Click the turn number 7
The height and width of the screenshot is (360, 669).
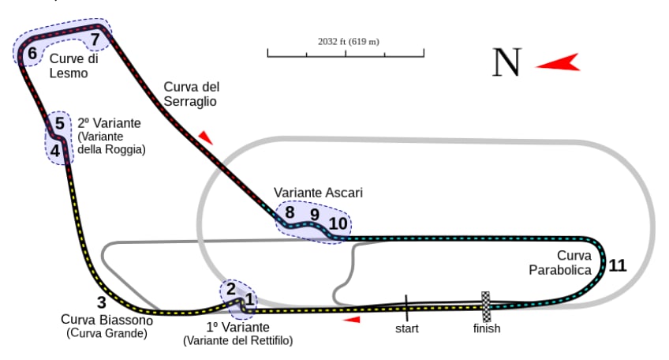[95, 39]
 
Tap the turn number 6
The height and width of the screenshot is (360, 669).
[32, 54]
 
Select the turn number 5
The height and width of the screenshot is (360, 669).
[59, 124]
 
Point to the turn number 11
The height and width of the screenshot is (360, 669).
[617, 265]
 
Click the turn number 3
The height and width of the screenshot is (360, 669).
[101, 302]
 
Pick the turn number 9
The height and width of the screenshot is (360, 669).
[314, 214]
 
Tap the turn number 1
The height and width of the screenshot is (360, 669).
[249, 299]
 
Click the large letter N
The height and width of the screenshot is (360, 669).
[506, 62]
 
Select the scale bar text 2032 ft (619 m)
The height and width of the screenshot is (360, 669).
[348, 41]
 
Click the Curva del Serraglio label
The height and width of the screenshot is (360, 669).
[191, 94]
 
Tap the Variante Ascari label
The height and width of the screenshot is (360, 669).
[318, 193]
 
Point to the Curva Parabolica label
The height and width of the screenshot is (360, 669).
[562, 263]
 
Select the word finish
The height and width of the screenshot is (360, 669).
[487, 328]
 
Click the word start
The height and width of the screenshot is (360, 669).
[407, 328]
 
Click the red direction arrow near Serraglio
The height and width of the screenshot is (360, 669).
[206, 137]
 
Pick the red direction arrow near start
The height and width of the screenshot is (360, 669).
[352, 320]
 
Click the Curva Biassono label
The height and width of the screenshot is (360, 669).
[107, 321]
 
